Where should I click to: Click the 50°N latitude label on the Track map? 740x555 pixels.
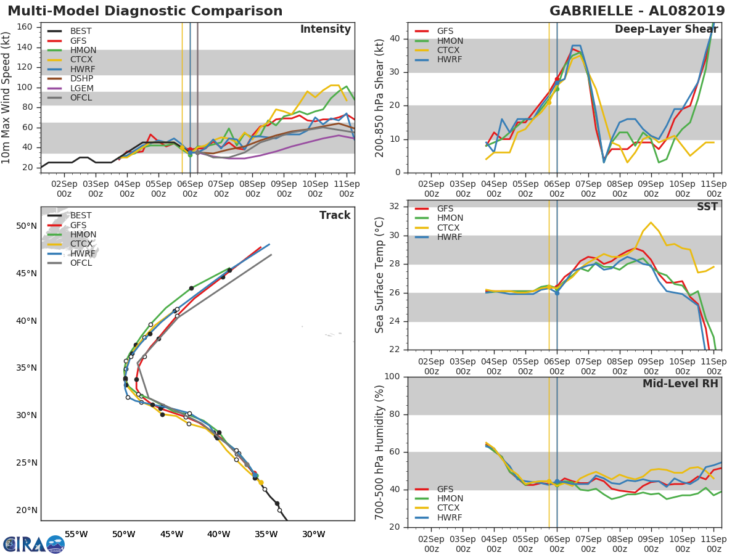(x=27, y=226)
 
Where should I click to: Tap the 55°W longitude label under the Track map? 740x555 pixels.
(x=76, y=534)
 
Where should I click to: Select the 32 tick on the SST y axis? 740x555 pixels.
(x=395, y=206)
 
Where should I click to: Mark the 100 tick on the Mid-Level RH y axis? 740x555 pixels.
(x=392, y=376)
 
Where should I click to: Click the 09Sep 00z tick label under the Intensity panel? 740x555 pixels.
(x=284, y=189)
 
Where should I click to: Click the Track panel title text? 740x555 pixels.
(x=335, y=215)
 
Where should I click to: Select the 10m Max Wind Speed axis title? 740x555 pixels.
(x=6, y=97)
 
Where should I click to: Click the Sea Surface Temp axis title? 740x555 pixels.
(x=379, y=275)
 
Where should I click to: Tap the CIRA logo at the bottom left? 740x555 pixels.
(x=34, y=545)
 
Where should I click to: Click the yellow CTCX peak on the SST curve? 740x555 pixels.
(x=651, y=223)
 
